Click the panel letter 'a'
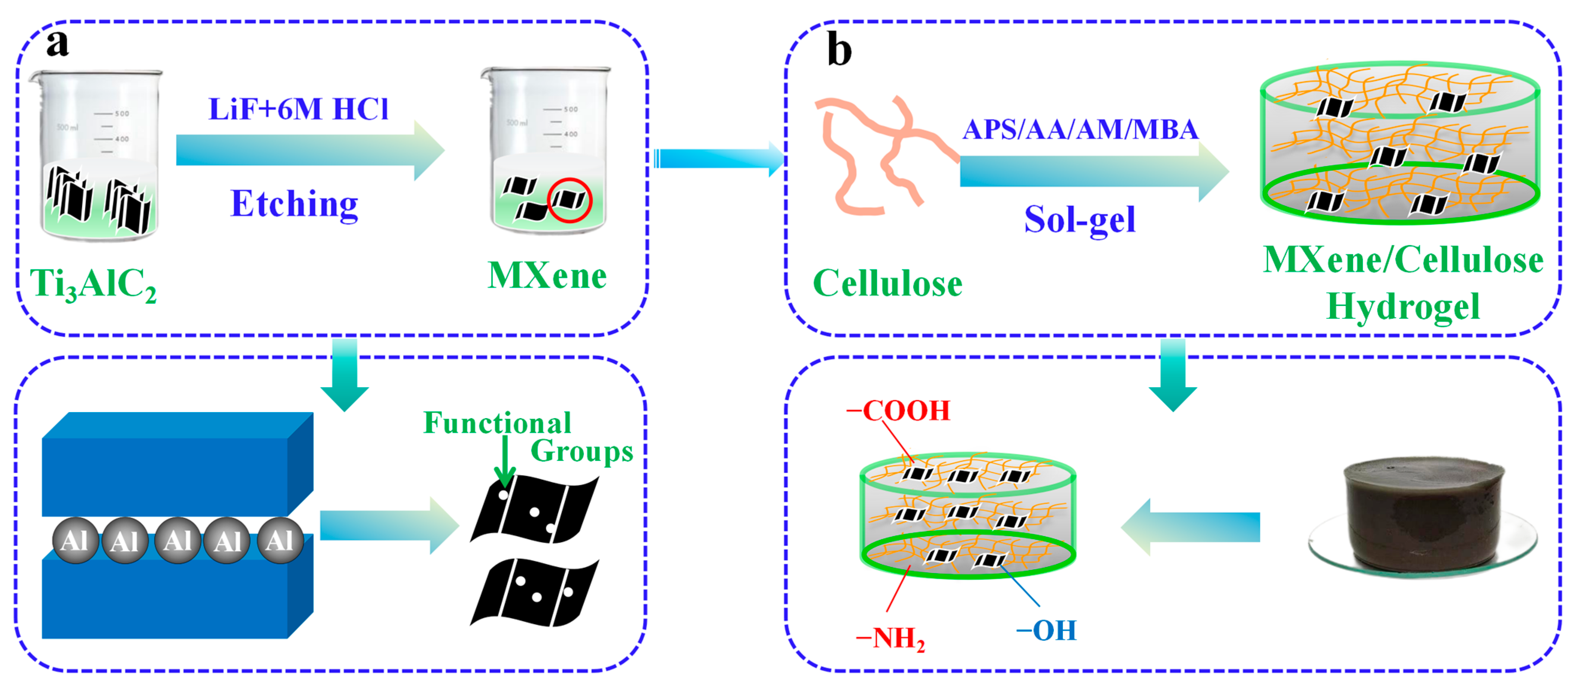coord(58,44)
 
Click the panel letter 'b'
coord(839,50)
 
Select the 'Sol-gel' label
coord(1079,220)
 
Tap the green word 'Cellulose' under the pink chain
coord(887,284)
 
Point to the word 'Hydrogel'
coord(1403,306)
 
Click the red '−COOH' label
coord(898,411)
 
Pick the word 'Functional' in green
coord(497,423)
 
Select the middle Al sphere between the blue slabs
coord(177,540)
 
